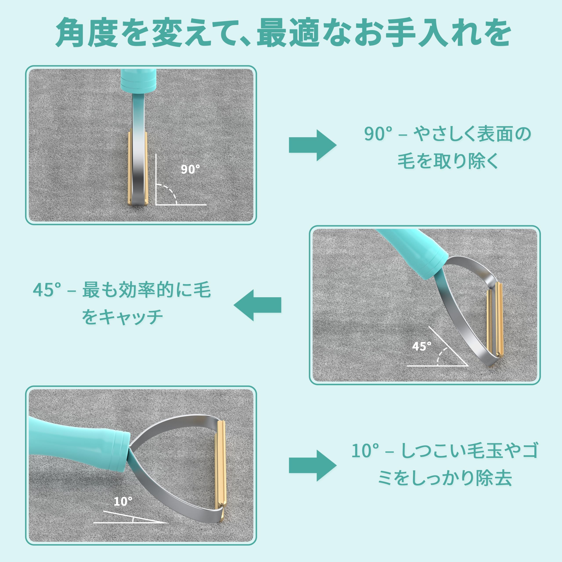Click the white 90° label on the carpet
coord(190,169)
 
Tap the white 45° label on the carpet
coord(421,346)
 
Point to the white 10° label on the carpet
coord(123,501)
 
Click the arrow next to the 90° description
coord(313,145)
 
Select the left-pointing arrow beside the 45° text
coord(257,305)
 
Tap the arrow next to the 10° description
coord(313,466)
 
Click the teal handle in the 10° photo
coord(79,441)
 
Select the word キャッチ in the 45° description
coord(130,317)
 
